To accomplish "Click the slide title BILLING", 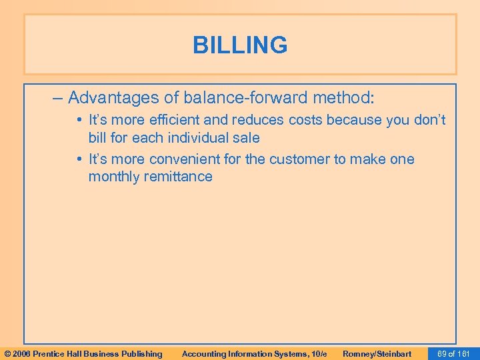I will pos(240,45).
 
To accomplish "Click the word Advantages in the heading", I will pos(107,99).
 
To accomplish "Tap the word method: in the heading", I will pos(342,99).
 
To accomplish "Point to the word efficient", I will pos(174,121).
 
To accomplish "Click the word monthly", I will pos(113,177).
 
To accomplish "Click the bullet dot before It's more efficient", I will pos(79,121).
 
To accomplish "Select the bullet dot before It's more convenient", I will pos(79,160).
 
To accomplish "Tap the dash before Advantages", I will pos(57,99).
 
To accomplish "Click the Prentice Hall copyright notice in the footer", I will pos(83,353).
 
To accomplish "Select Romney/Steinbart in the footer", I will pos(377,353).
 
